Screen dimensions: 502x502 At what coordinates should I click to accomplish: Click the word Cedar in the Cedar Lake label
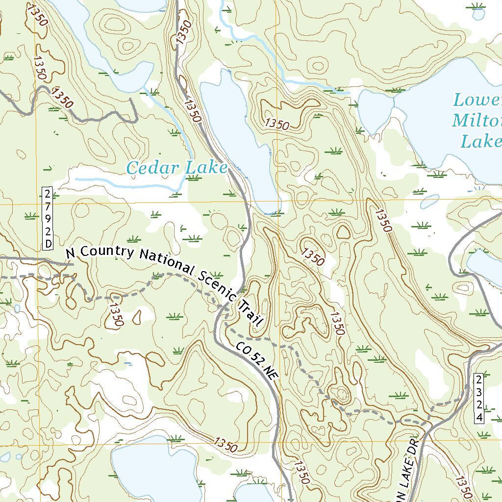146,168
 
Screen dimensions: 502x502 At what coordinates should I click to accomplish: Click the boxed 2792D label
48,218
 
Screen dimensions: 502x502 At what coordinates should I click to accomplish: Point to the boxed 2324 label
479,398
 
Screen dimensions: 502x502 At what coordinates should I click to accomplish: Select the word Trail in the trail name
250,314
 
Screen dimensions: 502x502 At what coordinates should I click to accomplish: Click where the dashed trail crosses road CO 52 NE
222,308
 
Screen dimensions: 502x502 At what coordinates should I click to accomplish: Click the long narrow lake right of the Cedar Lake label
243,142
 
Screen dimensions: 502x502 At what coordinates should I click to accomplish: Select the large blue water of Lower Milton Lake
441,118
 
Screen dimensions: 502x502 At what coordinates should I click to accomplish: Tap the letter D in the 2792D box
48,244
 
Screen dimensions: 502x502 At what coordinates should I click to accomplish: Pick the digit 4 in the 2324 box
479,417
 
